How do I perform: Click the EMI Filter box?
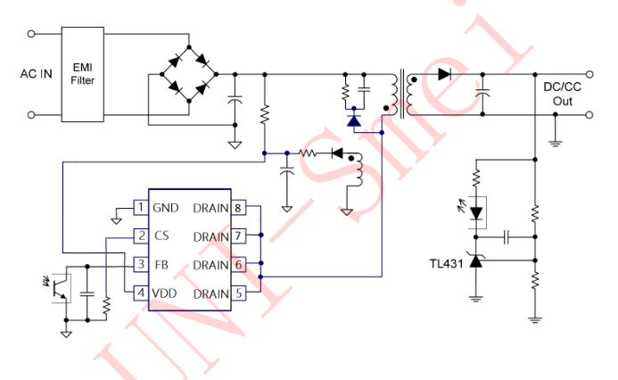[x=83, y=74]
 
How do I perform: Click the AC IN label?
[x=36, y=74]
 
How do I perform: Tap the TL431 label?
[x=446, y=264]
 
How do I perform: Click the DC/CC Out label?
[x=563, y=94]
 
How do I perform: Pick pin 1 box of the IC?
[x=140, y=208]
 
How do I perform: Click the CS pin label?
[x=161, y=236]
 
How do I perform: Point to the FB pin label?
[x=161, y=265]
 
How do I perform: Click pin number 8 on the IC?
[x=239, y=208]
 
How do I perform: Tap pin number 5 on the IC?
[x=239, y=293]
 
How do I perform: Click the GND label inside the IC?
[x=166, y=208]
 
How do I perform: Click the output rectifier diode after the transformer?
[x=444, y=74]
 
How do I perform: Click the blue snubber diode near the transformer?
[x=354, y=119]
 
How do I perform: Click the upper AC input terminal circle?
[x=33, y=34]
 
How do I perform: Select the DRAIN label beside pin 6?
[x=210, y=265]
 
